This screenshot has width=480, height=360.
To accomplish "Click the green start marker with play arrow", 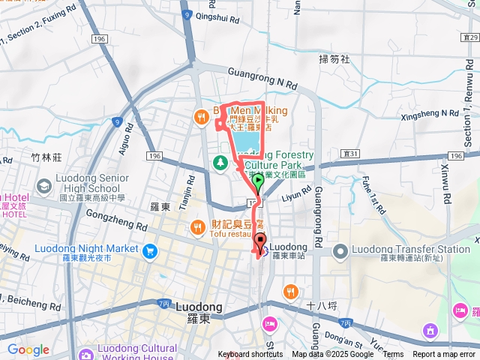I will tap(258, 181).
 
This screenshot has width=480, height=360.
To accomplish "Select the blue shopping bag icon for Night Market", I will tap(150, 250).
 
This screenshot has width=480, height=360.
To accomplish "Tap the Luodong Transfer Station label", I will tap(412, 250).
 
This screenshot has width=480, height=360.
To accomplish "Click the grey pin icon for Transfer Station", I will tap(340, 250).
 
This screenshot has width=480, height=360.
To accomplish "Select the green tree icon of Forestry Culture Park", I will tap(220, 161).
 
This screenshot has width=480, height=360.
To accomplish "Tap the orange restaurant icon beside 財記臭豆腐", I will tap(196, 226).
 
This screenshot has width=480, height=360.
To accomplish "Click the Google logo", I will tap(28, 349).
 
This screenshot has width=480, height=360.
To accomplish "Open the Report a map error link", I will tap(445, 354).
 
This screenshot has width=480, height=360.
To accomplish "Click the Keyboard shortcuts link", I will tap(250, 354).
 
